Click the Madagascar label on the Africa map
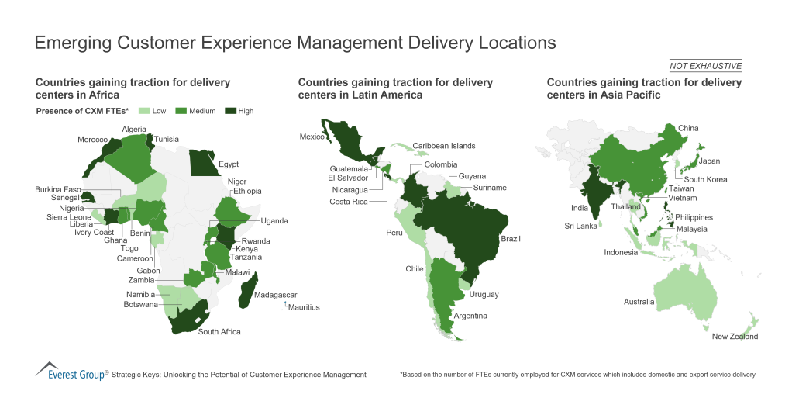click(x=277, y=295)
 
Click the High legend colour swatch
click(x=229, y=111)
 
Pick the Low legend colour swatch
click(x=144, y=111)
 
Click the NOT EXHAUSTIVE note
click(x=705, y=65)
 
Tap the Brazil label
click(x=511, y=238)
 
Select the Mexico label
click(x=312, y=137)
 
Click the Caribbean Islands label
click(x=443, y=145)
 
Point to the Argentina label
click(x=470, y=316)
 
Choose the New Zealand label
click(x=735, y=336)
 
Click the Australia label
click(x=639, y=301)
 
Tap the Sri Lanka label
click(x=580, y=226)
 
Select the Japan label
click(x=709, y=161)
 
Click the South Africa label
click(x=219, y=331)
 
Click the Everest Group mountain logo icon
click(x=47, y=368)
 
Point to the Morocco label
click(x=92, y=140)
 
